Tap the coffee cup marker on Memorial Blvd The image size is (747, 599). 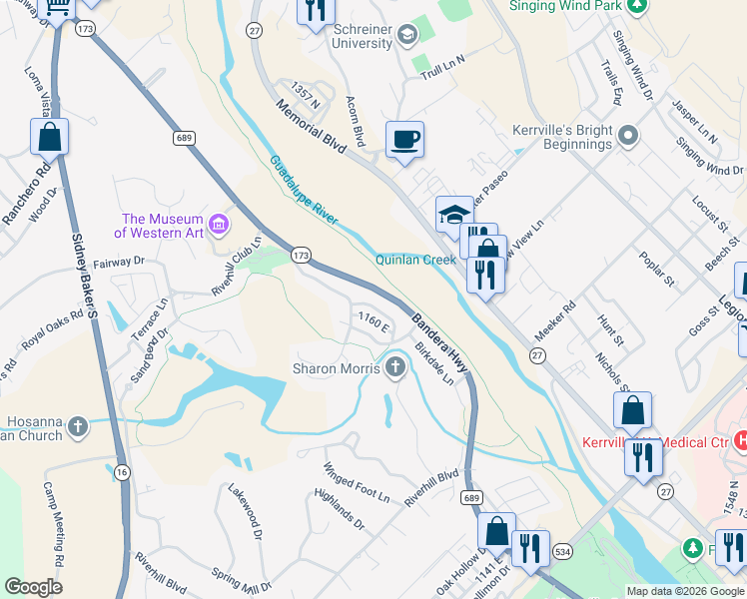point(404,140)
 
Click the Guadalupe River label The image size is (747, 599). point(304,191)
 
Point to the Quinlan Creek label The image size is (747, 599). point(414,260)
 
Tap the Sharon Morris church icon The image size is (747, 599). point(395,368)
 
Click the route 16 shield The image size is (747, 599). point(122,471)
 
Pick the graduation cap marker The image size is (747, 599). point(453,214)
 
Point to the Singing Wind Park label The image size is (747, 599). point(566,6)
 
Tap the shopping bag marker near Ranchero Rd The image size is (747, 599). point(49,136)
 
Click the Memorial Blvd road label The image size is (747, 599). point(311,127)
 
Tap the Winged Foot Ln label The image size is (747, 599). point(357,482)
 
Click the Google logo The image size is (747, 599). point(33,587)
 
